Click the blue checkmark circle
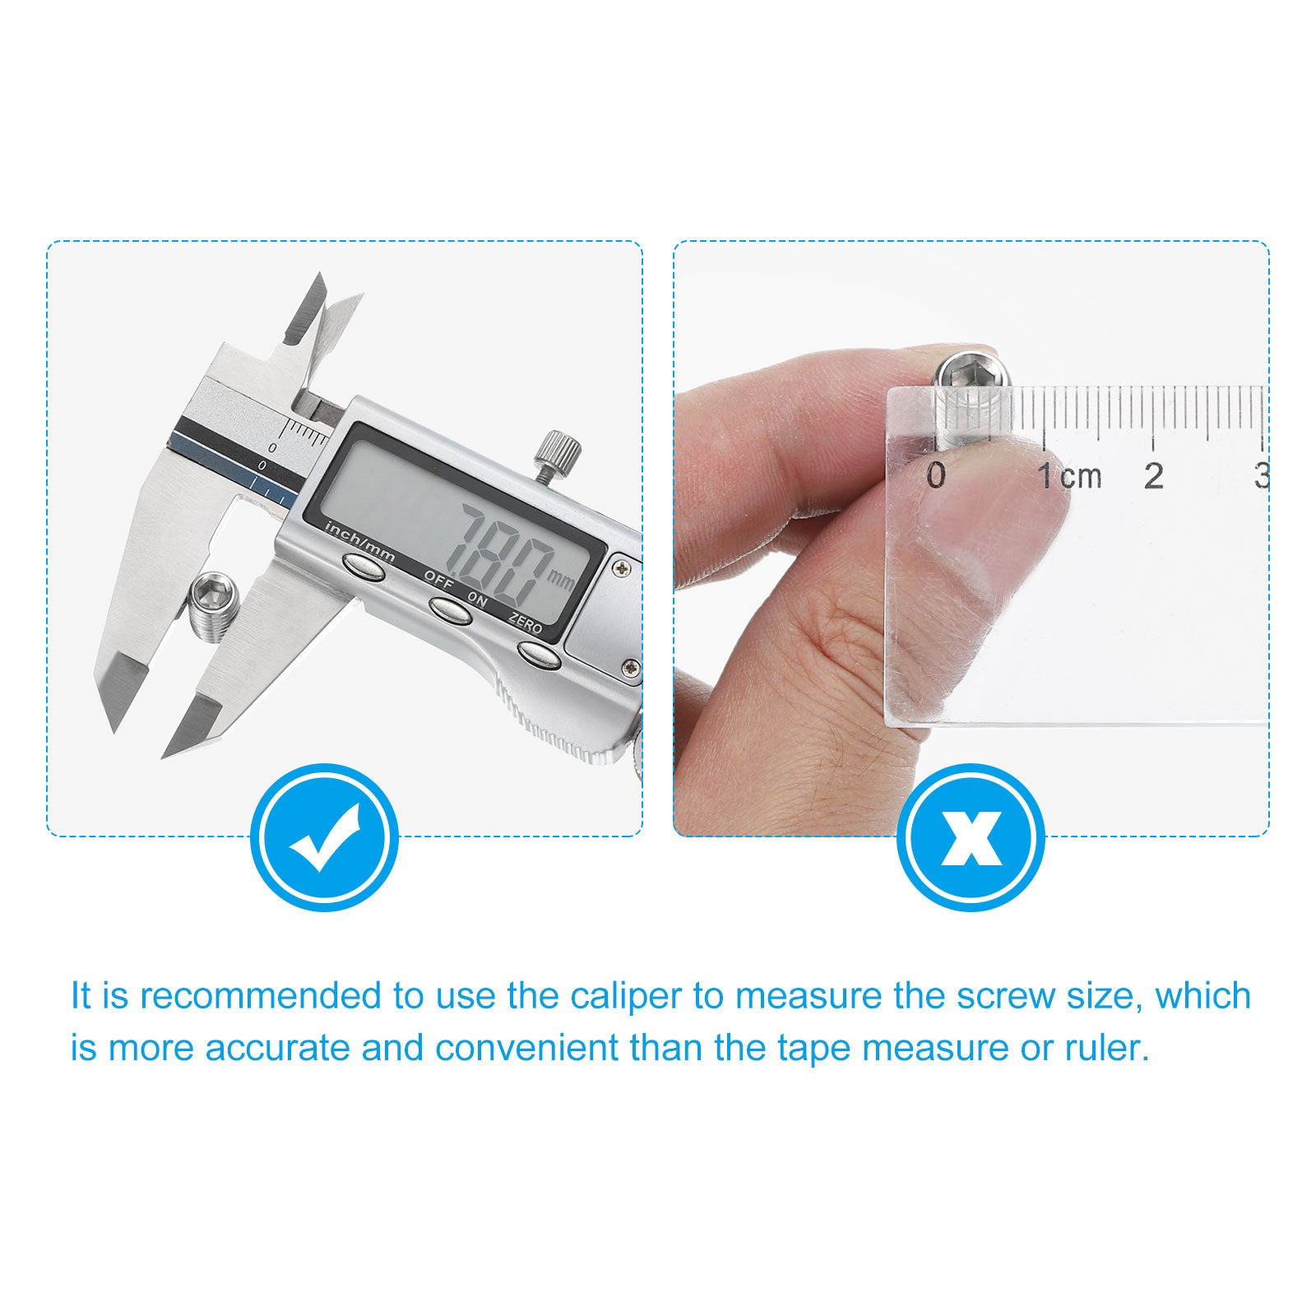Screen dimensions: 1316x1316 (324, 836)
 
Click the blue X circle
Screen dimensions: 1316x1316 (971, 836)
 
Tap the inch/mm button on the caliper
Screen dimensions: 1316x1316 (364, 566)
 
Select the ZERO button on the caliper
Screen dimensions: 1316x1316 (540, 654)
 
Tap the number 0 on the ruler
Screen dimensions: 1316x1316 (936, 475)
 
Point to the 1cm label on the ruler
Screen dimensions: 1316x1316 (1068, 475)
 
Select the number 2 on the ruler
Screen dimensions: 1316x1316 (1154, 475)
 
